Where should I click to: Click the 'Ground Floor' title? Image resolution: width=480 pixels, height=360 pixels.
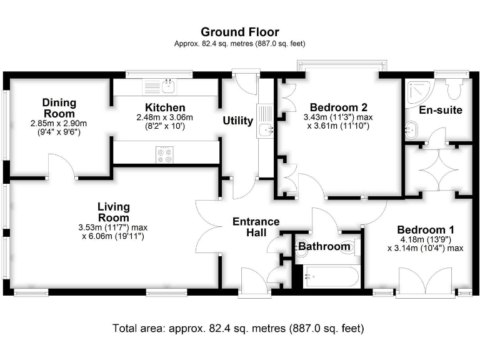[239, 32]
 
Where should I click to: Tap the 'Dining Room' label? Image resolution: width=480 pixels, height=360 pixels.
[59, 107]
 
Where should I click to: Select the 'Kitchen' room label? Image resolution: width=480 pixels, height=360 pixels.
[165, 107]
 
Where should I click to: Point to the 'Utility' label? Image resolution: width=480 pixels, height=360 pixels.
[237, 121]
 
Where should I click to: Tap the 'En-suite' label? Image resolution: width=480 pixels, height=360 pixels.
[440, 111]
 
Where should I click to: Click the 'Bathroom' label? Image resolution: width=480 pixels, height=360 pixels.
[324, 246]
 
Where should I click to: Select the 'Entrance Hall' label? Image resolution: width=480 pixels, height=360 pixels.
[256, 227]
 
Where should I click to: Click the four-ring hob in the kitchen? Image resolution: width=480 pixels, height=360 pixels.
[165, 154]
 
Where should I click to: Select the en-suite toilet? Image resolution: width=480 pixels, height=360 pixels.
[454, 88]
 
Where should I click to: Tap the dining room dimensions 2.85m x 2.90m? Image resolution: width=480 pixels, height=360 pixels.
[59, 124]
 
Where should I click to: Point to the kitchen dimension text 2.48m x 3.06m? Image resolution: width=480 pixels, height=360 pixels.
[165, 117]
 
